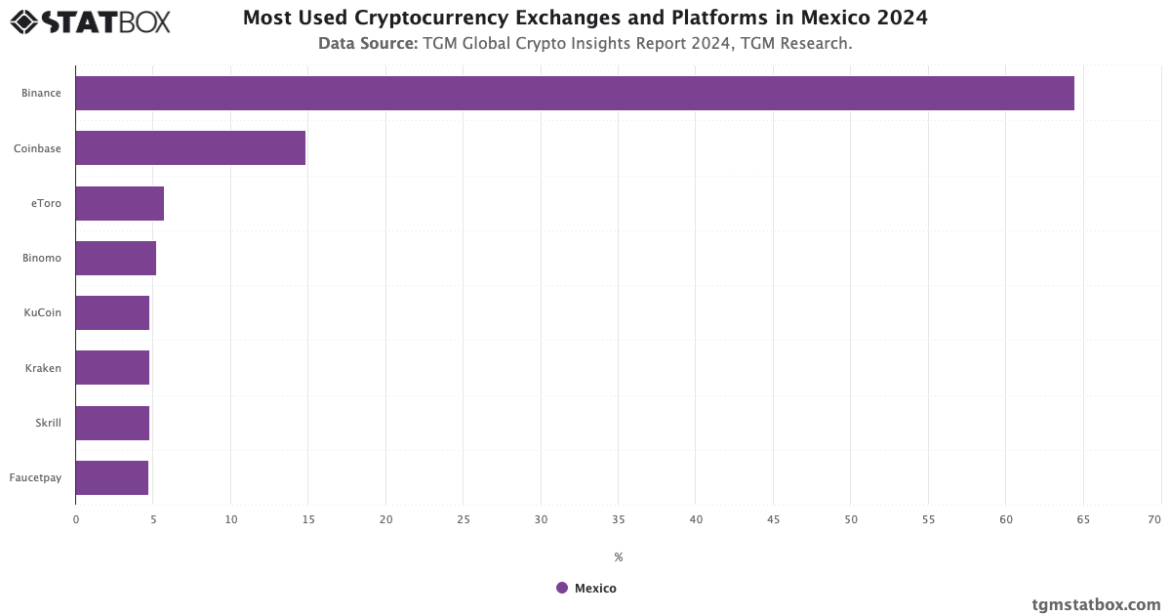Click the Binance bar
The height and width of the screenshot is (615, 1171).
pyautogui.click(x=574, y=93)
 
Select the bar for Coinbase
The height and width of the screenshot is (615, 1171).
pyautogui.click(x=190, y=148)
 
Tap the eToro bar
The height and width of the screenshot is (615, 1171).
pyautogui.click(x=119, y=203)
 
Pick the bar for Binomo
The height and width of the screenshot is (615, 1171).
pyautogui.click(x=115, y=258)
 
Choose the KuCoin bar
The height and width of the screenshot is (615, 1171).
pyautogui.click(x=112, y=312)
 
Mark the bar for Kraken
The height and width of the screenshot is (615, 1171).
pyautogui.click(x=112, y=368)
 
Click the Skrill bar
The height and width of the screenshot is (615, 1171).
pyautogui.click(x=112, y=423)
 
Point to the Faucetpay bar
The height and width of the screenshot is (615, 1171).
pyautogui.click(x=111, y=477)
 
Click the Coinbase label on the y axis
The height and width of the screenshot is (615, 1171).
pyautogui.click(x=37, y=148)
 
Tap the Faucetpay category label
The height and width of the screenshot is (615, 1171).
pyautogui.click(x=35, y=477)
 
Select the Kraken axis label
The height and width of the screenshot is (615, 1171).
pyautogui.click(x=43, y=368)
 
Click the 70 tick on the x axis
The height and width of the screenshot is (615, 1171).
pyautogui.click(x=1154, y=519)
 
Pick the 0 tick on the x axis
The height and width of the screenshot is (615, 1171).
pyautogui.click(x=76, y=519)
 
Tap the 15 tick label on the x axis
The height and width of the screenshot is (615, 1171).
pyautogui.click(x=308, y=519)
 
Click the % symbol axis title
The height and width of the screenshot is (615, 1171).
pyautogui.click(x=619, y=557)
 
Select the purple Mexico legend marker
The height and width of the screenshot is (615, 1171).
pyautogui.click(x=562, y=588)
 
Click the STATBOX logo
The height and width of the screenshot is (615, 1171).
pyautogui.click(x=90, y=20)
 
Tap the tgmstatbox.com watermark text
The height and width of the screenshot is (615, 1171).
pyautogui.click(x=1096, y=604)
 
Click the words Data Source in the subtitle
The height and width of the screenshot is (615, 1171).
pyautogui.click(x=368, y=43)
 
